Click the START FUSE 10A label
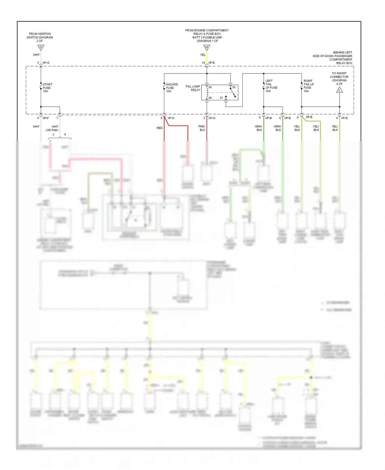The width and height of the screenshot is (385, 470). (x=47, y=88)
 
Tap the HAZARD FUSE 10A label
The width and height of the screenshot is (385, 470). (x=172, y=88)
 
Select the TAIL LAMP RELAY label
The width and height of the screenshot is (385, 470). (x=193, y=88)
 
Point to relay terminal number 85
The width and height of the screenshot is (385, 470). (x=210, y=87)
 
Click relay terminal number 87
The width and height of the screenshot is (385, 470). (x=221, y=98)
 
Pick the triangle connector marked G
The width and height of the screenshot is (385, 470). (x=41, y=48)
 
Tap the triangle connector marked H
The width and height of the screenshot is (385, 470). (x=207, y=48)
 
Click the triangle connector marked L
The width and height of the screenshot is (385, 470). (x=339, y=90)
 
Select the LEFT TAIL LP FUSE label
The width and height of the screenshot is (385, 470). (x=271, y=86)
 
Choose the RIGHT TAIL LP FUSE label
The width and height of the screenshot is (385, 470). (x=309, y=86)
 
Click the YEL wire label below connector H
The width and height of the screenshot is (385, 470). (x=203, y=55)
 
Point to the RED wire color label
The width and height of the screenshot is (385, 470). (x=159, y=128)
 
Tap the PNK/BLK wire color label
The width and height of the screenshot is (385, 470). (x=202, y=128)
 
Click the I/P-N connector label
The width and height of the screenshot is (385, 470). (x=171, y=118)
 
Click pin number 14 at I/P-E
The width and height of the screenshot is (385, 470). (x=203, y=63)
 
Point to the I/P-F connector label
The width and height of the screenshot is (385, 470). (x=46, y=118)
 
